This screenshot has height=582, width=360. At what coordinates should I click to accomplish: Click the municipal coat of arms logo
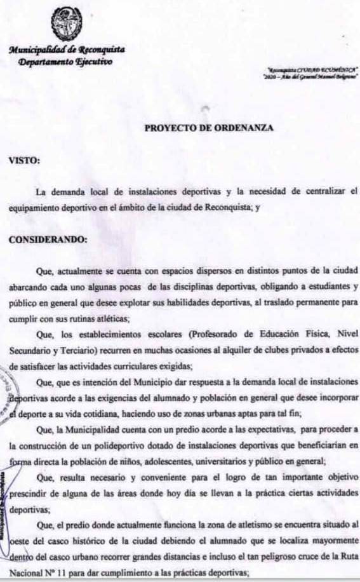(x=66, y=23)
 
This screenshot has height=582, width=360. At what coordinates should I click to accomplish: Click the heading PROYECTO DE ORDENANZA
(x=209, y=128)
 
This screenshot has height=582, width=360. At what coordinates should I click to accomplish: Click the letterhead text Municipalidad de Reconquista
(x=67, y=50)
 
